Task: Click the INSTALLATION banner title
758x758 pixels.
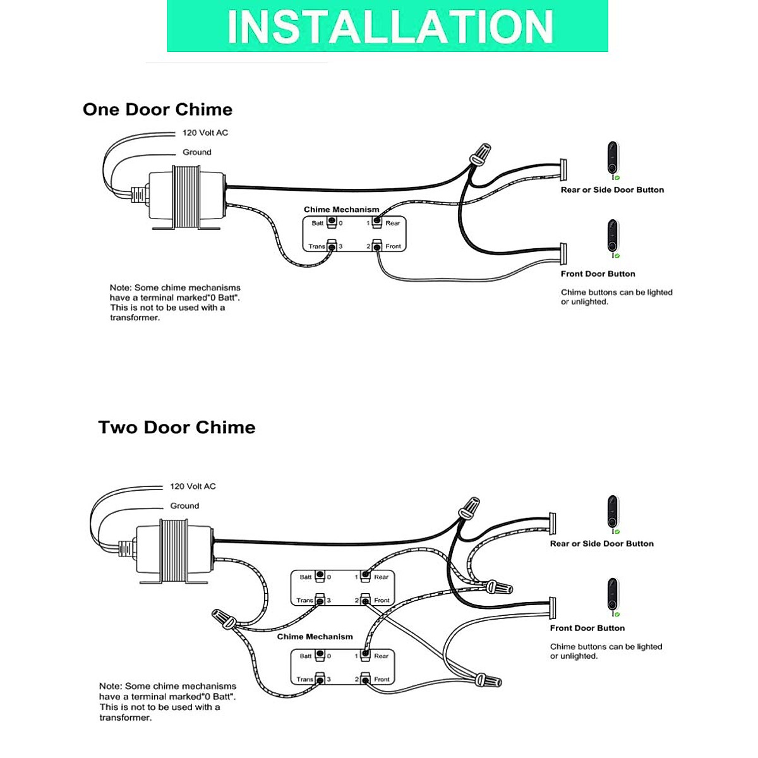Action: tap(389, 27)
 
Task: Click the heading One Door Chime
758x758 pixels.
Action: tap(157, 109)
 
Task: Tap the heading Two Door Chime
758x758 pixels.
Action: tap(177, 427)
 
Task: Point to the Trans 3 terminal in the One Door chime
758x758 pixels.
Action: tap(331, 246)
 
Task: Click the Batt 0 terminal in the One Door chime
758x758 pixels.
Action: tap(331, 222)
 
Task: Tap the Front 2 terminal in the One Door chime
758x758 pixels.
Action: tap(377, 246)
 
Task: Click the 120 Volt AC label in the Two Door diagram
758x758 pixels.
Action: tap(193, 486)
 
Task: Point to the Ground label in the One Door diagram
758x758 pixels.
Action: tap(197, 152)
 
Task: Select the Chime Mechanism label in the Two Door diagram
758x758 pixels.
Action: tap(315, 637)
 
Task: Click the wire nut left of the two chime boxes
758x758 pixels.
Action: tap(224, 617)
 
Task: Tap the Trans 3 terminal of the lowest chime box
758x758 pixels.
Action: tap(320, 679)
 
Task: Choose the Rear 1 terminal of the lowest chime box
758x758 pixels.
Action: tap(365, 656)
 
